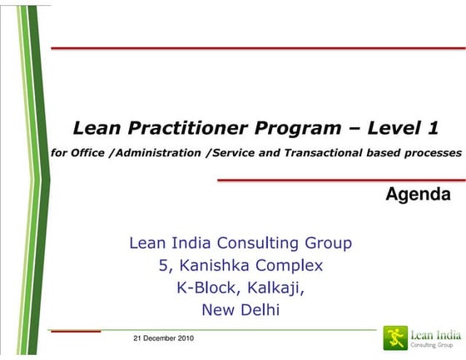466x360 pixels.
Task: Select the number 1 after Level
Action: pos(433,128)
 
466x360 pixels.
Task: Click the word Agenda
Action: pos(419,195)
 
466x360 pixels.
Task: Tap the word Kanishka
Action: pos(211,266)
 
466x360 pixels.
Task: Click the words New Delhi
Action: pos(240,311)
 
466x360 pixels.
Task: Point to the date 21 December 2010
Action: pos(164,338)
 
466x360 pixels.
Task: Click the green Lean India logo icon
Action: pos(394,337)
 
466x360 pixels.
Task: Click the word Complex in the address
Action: pos(288,266)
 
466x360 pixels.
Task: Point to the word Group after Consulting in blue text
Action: pos(328,244)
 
